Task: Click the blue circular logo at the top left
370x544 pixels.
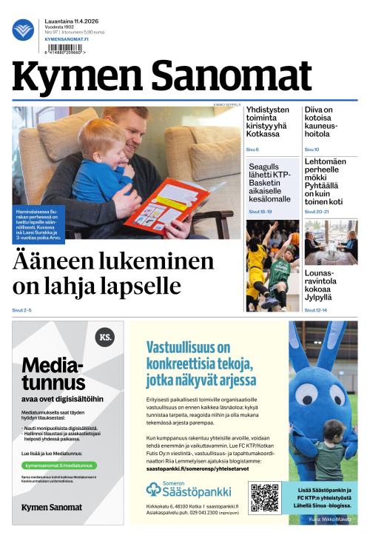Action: click(23, 30)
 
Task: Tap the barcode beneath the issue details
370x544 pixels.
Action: click(64, 49)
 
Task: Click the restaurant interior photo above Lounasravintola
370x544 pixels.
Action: click(330, 243)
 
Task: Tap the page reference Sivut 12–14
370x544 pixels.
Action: click(317, 310)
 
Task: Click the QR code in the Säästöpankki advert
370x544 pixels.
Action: click(265, 497)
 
